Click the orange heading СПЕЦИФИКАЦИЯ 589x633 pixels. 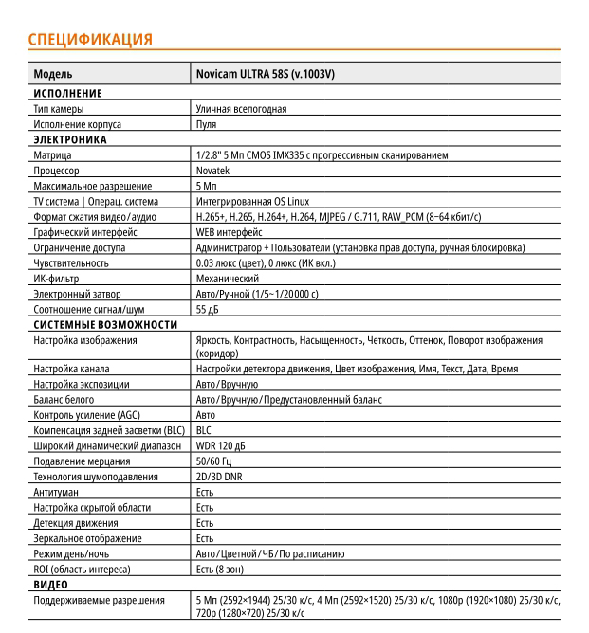click(x=90, y=39)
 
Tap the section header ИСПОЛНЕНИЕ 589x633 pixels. click(x=67, y=93)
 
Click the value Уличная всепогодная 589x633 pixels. click(x=241, y=109)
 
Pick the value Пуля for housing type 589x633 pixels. click(x=206, y=124)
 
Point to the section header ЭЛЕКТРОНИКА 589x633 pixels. click(x=70, y=139)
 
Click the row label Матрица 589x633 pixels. click(x=52, y=155)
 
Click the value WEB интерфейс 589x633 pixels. click(x=229, y=232)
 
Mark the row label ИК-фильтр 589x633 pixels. click(x=56, y=279)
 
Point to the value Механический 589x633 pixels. click(x=227, y=279)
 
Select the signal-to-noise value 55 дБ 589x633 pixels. click(x=208, y=309)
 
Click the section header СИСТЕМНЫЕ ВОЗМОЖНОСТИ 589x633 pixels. click(x=105, y=324)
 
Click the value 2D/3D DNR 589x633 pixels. click(x=218, y=477)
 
